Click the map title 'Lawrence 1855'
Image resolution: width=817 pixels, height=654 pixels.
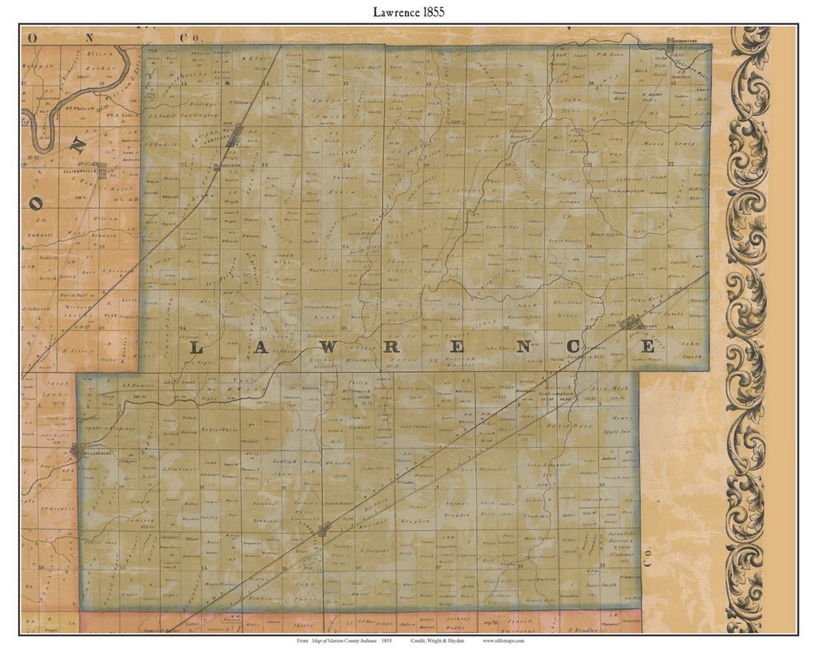pyautogui.click(x=408, y=12)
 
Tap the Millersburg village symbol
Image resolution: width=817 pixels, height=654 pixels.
pyautogui.click(x=79, y=453)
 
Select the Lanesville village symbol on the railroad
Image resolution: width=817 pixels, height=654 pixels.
pyautogui.click(x=325, y=529)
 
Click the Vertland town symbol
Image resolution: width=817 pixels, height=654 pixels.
pyautogui.click(x=237, y=135)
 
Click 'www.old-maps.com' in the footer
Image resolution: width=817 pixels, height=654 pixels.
pyautogui.click(x=504, y=640)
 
